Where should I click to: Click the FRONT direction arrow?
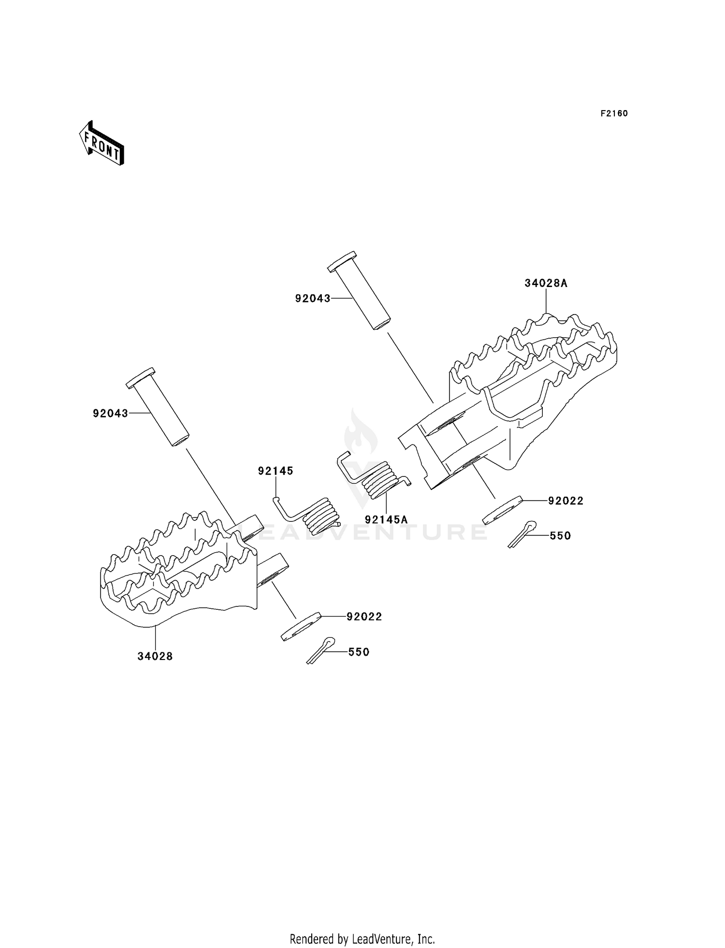pos(101,144)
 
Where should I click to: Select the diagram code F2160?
pos(614,114)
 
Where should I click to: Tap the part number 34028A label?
pos(546,284)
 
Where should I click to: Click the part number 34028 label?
pos(155,656)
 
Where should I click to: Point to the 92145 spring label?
pos(275,471)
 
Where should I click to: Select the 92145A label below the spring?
pos(386,520)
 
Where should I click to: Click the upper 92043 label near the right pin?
pos(313,299)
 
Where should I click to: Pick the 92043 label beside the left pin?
pos(111,414)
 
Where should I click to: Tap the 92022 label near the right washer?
pos(565,501)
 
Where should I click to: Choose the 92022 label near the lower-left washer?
pos(364,617)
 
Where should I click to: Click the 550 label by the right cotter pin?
pos(560,536)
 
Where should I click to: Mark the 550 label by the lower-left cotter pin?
pos(359,652)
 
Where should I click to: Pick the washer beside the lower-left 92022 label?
pos(301,626)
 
